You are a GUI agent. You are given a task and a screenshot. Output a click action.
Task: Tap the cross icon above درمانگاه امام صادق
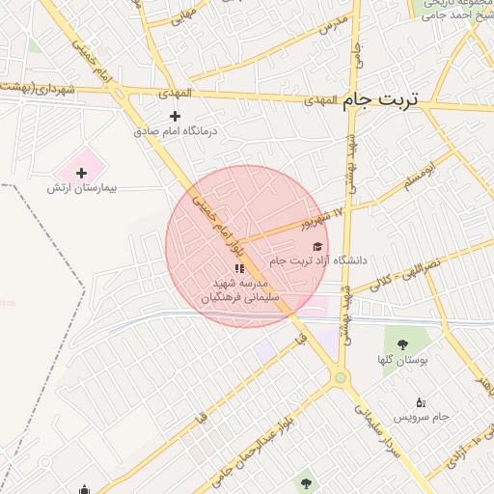tap(175, 116)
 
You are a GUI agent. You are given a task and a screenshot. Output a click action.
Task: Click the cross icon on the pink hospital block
tap(81, 173)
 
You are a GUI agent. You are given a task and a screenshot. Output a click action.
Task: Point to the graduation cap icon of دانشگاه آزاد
tap(317, 247)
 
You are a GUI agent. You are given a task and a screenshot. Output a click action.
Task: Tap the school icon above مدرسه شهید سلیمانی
tap(239, 267)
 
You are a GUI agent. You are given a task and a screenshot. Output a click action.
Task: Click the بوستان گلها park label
tap(403, 360)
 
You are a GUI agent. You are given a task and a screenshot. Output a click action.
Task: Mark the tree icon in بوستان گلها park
tap(402, 343)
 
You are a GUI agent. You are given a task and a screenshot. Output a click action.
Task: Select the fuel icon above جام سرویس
tap(420, 402)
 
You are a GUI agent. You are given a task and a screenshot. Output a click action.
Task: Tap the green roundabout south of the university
tap(340, 377)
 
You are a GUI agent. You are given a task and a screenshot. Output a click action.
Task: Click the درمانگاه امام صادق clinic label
tap(176, 130)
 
